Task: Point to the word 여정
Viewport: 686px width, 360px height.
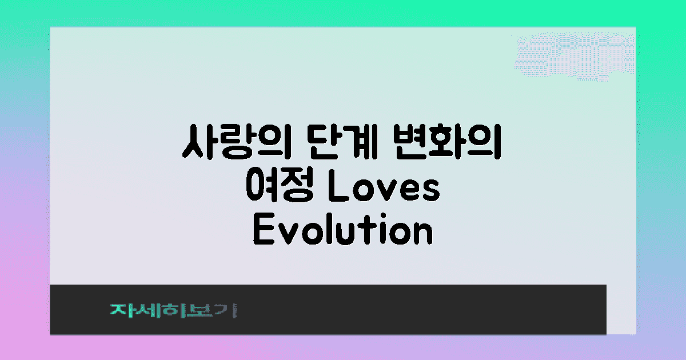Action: tap(278, 188)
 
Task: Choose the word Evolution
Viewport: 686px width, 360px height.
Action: tap(342, 231)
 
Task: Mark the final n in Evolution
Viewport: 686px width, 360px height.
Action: tap(421, 233)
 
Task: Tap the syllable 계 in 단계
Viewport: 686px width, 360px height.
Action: tap(355, 145)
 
